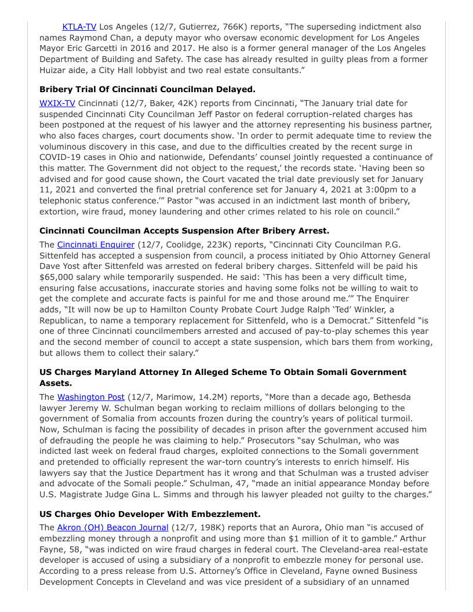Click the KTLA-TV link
79,27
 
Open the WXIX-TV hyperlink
57,103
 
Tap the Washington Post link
91,397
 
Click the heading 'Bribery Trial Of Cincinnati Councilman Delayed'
147,89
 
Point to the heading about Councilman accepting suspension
184,231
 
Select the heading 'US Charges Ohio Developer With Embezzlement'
150,513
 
